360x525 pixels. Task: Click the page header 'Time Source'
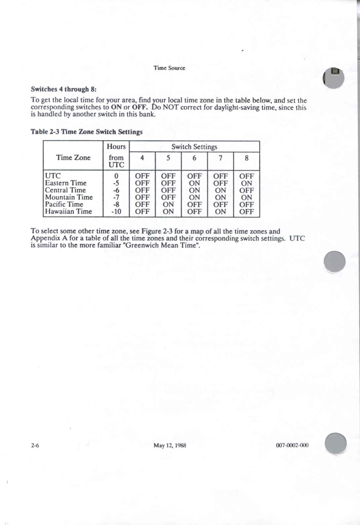click(x=169, y=68)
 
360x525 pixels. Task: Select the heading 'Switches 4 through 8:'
click(x=63, y=89)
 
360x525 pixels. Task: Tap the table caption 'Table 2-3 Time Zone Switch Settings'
click(x=87, y=132)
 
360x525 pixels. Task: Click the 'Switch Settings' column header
click(x=194, y=147)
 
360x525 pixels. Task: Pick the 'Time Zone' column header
click(x=73, y=158)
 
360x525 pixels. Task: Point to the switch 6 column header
click(x=194, y=158)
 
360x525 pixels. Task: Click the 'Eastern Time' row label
click(x=65, y=183)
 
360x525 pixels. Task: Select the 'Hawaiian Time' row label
click(x=68, y=212)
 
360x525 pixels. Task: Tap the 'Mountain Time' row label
click(x=69, y=197)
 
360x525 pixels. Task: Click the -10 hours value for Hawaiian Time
click(x=116, y=212)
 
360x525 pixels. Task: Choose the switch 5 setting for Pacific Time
click(x=168, y=205)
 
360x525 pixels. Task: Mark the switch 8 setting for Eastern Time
click(x=246, y=183)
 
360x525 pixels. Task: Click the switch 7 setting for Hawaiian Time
click(x=220, y=212)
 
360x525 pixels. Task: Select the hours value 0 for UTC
click(x=116, y=176)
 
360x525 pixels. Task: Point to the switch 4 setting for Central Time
click(x=142, y=190)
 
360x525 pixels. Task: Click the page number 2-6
click(x=35, y=445)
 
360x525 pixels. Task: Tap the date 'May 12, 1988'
click(x=170, y=445)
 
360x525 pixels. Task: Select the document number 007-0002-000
click(x=292, y=445)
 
